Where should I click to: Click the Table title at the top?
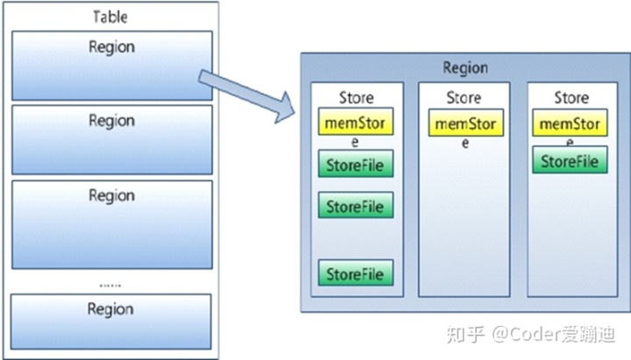click(110, 17)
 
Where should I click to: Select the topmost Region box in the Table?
click(111, 65)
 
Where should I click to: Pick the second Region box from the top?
click(111, 139)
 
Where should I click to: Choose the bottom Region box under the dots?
click(111, 321)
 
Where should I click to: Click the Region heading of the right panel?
click(464, 67)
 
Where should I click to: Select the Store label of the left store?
click(356, 97)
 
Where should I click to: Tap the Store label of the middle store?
click(464, 97)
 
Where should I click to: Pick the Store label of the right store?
click(571, 97)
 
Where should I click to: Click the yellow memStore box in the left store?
click(356, 124)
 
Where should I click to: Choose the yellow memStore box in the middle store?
click(464, 124)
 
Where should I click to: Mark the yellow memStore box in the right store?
click(570, 124)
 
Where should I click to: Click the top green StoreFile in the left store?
click(356, 165)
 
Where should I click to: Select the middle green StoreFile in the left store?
click(356, 207)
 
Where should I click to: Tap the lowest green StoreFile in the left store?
click(356, 273)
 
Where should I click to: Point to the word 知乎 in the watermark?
click(463, 335)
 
